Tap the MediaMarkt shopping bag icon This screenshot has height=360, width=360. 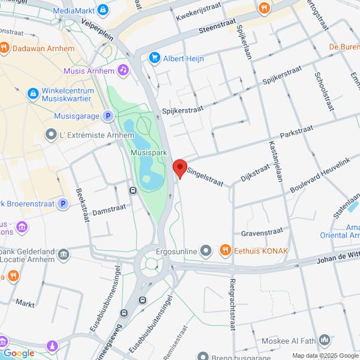[103, 10]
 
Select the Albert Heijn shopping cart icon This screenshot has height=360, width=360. [155, 58]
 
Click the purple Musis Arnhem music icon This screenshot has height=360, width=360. [123, 71]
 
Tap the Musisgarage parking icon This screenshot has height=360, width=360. [107, 115]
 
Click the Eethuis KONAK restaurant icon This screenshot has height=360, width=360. [225, 250]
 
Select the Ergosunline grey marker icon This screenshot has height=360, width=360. [206, 250]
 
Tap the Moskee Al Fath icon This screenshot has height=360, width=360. [325, 341]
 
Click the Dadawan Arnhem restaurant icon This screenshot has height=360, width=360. [4, 47]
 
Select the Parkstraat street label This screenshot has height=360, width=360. [298, 130]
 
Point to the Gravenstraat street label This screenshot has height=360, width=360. [261, 232]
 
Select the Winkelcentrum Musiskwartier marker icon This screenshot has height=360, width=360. [33, 93]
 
